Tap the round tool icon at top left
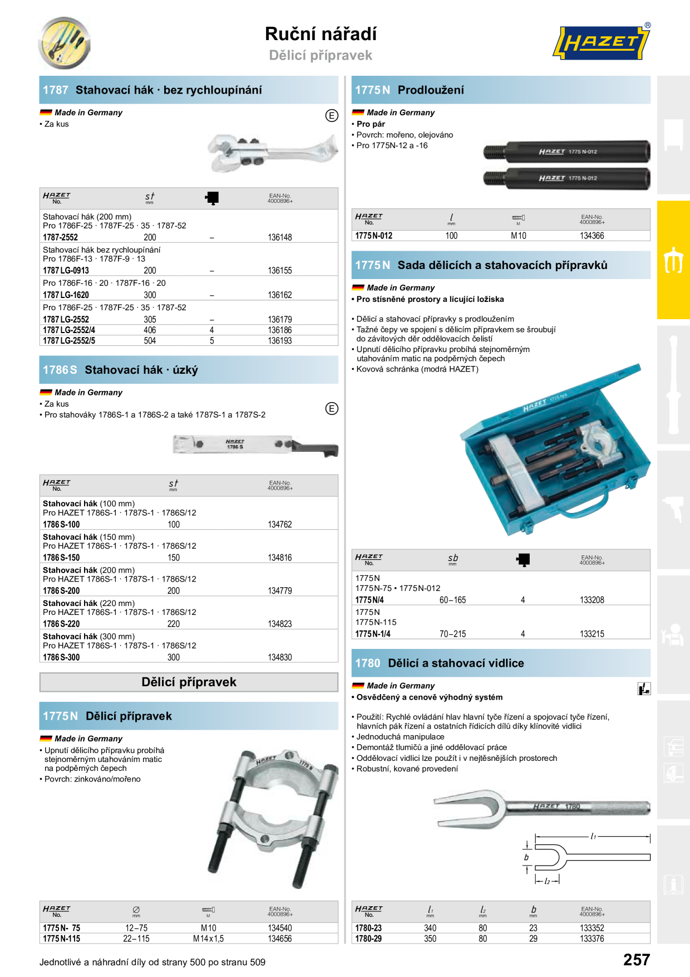pyautogui.click(x=64, y=43)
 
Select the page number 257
pyautogui.click(x=637, y=960)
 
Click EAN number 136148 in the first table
pyautogui.click(x=280, y=237)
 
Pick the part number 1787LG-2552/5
pyautogui.click(x=69, y=341)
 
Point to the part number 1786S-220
pyautogui.click(x=61, y=624)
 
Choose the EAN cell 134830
pyautogui.click(x=280, y=657)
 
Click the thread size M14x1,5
pyautogui.click(x=209, y=939)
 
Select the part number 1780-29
pyautogui.click(x=368, y=939)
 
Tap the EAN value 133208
pyautogui.click(x=592, y=600)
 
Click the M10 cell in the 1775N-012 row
pyautogui.click(x=519, y=236)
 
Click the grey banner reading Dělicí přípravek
pyautogui.click(x=189, y=682)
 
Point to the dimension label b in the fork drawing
pyautogui.click(x=526, y=857)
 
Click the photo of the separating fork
pyautogui.click(x=542, y=807)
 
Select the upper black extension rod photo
pyautogui.click(x=566, y=152)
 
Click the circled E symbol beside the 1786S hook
pyautogui.click(x=332, y=408)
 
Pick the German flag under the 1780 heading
pyautogui.click(x=358, y=686)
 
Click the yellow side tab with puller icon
pyautogui.click(x=673, y=260)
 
